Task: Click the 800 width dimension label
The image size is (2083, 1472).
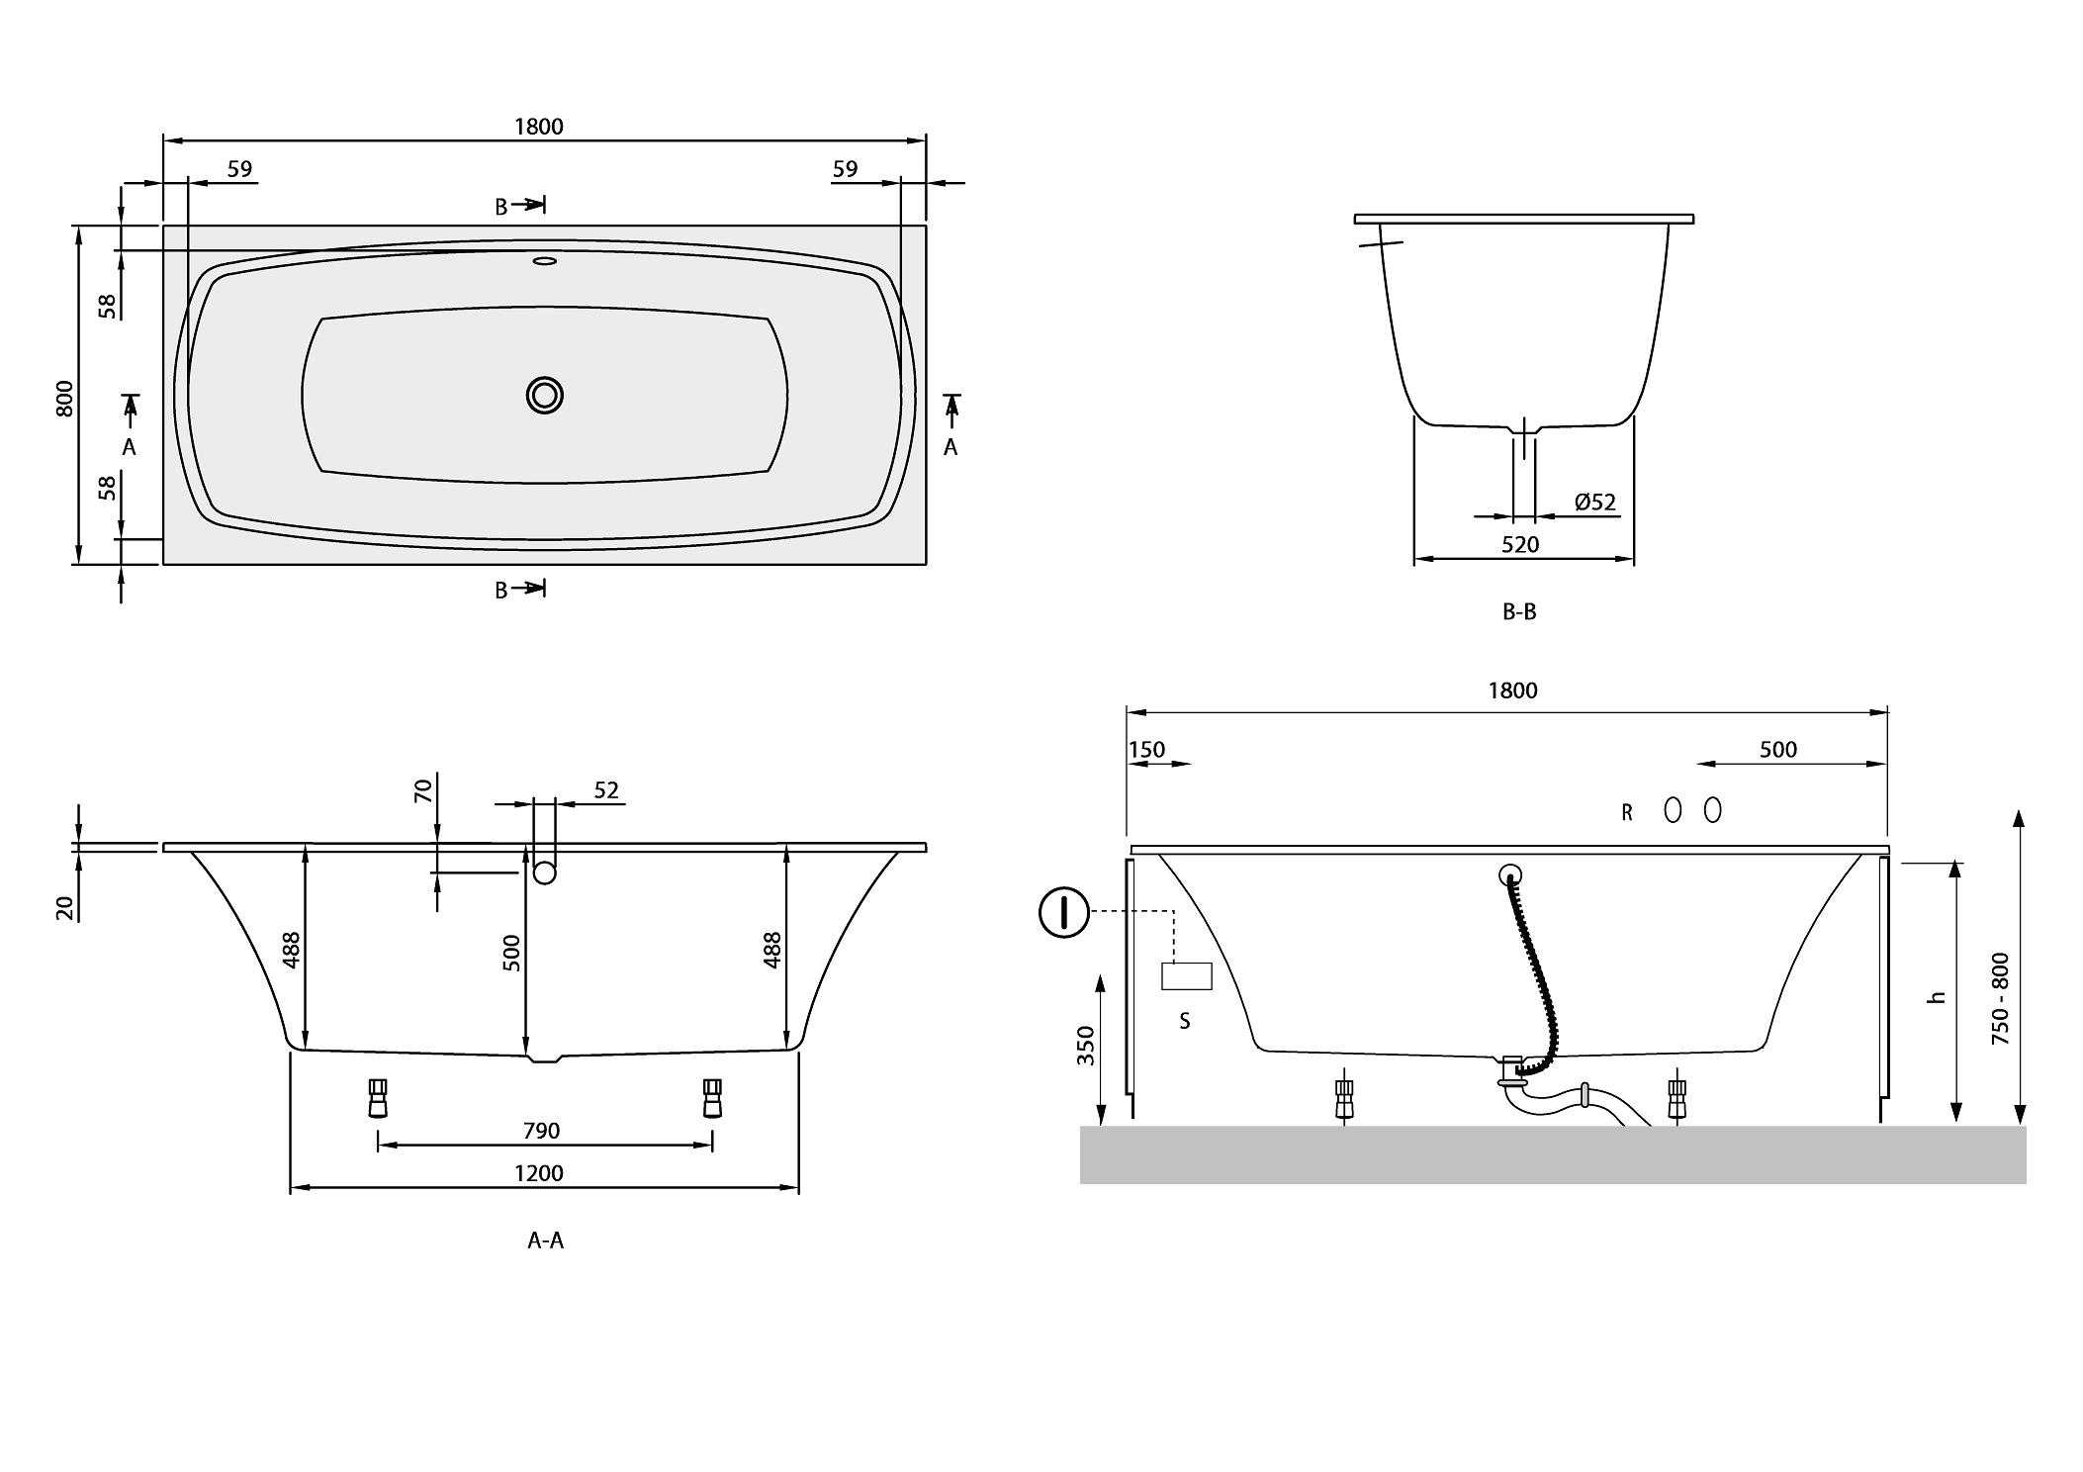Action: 65,398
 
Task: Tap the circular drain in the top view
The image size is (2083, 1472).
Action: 544,395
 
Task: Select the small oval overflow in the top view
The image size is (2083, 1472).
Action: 545,261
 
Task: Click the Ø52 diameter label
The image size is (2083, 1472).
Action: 1594,503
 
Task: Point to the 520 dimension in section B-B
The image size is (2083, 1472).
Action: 1520,544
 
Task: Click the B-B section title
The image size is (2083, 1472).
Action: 1519,611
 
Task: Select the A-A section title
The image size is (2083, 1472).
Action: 545,1241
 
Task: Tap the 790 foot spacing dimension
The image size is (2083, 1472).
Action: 541,1131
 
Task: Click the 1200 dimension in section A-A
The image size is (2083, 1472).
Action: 539,1173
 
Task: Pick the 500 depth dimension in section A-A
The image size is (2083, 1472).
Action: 511,953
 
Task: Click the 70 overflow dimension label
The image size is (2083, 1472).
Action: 423,790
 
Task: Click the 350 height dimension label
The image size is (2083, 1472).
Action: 1086,1046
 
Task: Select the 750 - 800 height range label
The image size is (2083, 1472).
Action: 2000,998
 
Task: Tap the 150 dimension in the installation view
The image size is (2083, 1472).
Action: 1147,750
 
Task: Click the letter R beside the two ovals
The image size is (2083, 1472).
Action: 1626,813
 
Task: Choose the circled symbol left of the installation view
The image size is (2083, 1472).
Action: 1064,912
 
